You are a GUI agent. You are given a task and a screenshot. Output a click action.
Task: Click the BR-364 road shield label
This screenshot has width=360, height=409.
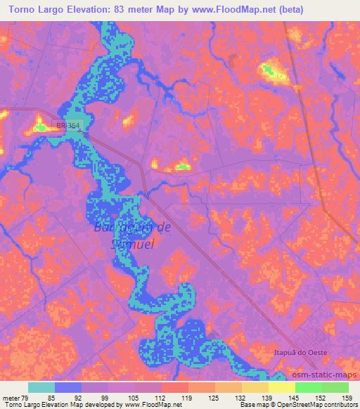pos(70,125)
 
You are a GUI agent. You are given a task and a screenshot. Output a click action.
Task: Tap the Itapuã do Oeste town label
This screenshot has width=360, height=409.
pos(306,349)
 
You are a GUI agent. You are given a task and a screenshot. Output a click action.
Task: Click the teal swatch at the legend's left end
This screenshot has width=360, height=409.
pos(41,387)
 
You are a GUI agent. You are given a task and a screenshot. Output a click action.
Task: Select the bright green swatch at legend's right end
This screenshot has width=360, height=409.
pos(335,387)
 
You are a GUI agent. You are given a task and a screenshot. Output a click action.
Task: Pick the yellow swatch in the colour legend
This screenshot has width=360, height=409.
pos(281,387)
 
